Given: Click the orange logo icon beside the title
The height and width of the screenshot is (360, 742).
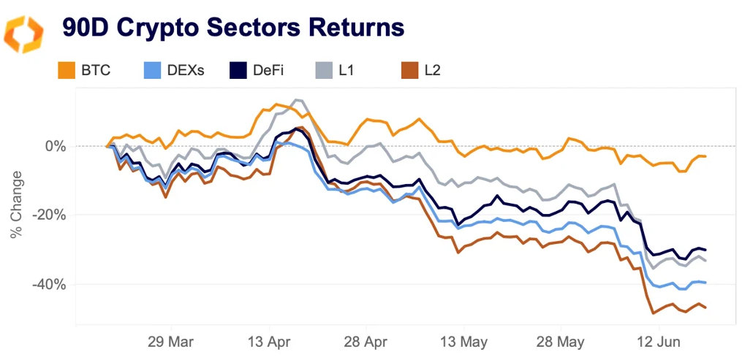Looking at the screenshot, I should coord(24,32).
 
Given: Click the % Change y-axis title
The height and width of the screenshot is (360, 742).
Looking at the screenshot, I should coord(16,205).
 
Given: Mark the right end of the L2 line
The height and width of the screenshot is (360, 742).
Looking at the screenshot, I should coord(705,307).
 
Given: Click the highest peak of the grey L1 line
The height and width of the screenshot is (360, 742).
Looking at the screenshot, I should coord(295,99).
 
